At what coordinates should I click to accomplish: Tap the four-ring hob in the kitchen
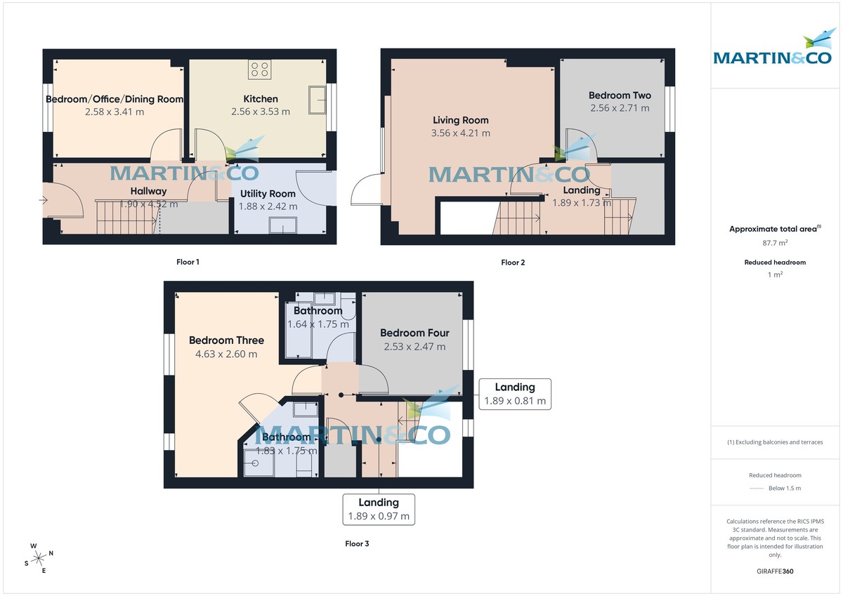click(x=259, y=69)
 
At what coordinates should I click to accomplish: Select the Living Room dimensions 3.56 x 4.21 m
click(x=461, y=133)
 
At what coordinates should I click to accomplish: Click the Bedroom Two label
click(x=620, y=95)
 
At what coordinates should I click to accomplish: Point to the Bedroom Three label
click(x=223, y=340)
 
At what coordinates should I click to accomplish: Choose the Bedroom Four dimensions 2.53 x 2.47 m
click(x=414, y=347)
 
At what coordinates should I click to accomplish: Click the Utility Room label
click(x=268, y=194)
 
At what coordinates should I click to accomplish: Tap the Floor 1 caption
click(x=188, y=262)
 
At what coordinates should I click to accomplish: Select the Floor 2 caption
click(x=513, y=263)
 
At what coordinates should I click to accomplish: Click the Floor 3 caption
click(x=357, y=543)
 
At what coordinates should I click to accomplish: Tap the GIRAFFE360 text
click(x=775, y=571)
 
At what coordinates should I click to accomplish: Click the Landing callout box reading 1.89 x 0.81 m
click(x=515, y=395)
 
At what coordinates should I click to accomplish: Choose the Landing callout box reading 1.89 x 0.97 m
click(x=379, y=510)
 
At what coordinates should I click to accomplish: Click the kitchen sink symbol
click(x=319, y=98)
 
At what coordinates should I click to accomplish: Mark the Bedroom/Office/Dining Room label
click(x=115, y=99)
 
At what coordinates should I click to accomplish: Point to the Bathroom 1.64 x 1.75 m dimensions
click(x=318, y=324)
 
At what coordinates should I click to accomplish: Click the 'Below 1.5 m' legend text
click(x=785, y=488)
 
